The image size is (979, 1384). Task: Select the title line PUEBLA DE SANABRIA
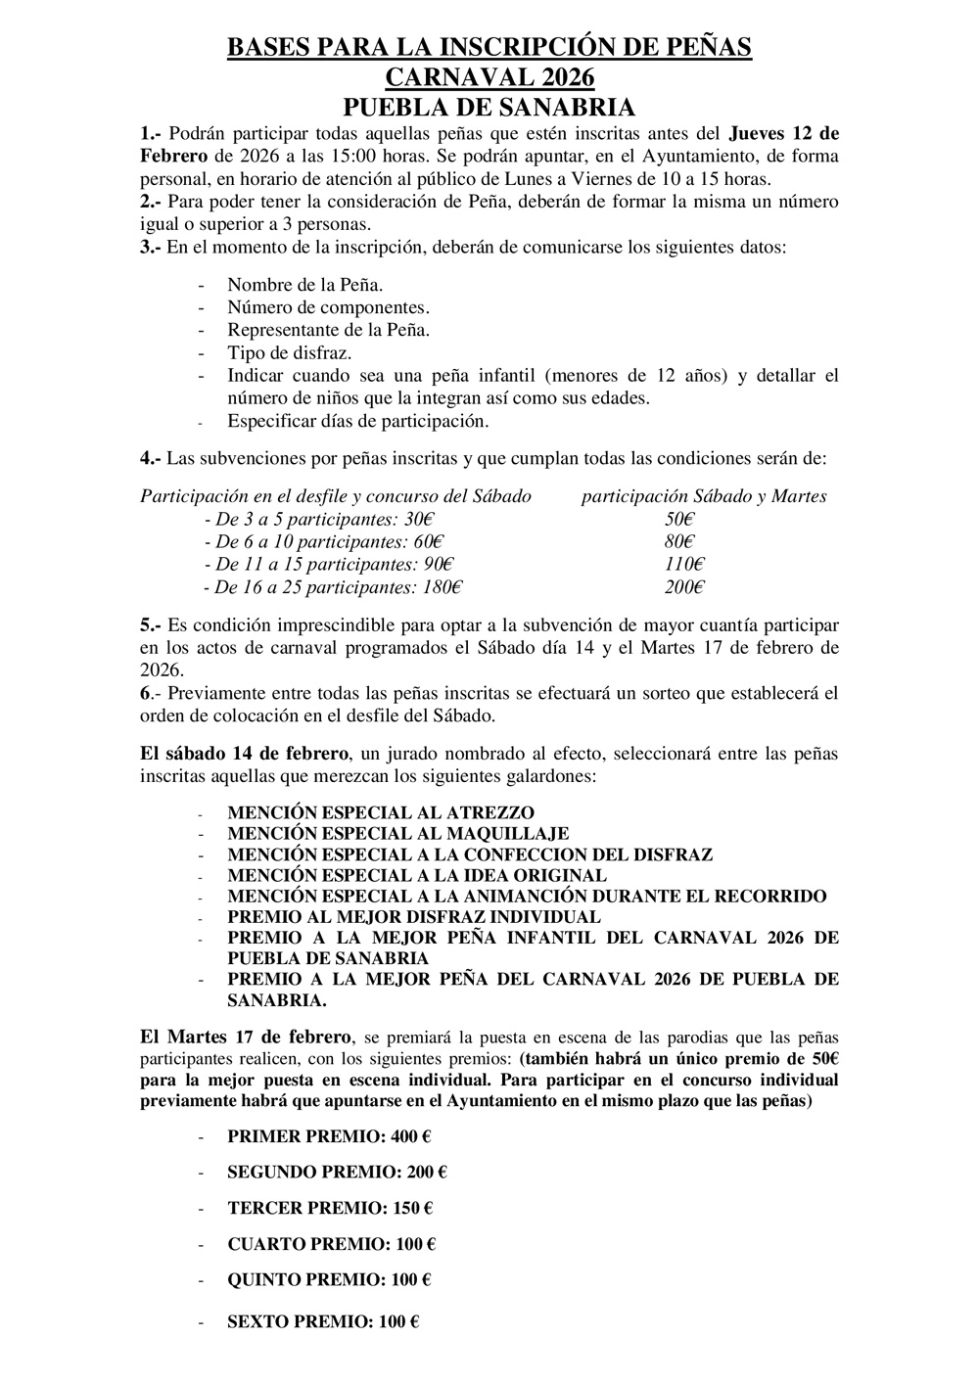pyautogui.click(x=489, y=107)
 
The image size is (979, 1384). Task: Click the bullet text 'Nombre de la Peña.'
pyautogui.click(x=304, y=285)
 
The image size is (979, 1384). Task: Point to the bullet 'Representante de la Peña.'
pyautogui.click(x=328, y=331)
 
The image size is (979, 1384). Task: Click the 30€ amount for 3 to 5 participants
pyautogui.click(x=420, y=519)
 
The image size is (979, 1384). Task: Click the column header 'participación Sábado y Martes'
pyautogui.click(x=704, y=496)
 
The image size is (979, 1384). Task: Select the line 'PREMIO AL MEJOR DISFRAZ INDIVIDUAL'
pyautogui.click(x=413, y=917)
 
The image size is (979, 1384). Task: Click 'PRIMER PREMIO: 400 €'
pyautogui.click(x=329, y=1136)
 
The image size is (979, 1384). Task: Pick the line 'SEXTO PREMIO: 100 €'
pyautogui.click(x=323, y=1322)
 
